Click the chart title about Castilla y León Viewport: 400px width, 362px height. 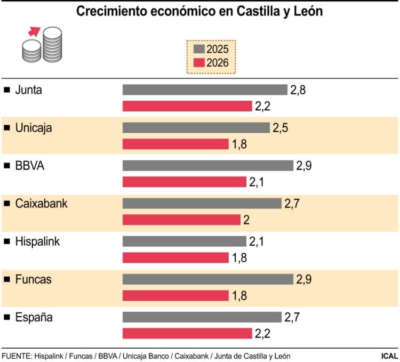(199, 11)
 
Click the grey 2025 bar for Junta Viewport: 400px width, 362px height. (205, 90)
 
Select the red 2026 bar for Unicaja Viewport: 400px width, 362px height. (175, 144)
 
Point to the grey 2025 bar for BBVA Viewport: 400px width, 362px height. (208, 165)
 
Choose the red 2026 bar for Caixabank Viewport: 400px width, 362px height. (181, 220)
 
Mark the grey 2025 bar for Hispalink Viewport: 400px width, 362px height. (184, 242)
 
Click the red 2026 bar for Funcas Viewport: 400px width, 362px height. (175, 295)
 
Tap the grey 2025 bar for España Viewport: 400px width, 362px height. (202, 317)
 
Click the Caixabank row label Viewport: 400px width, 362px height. (42, 203)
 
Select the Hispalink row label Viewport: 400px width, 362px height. (38, 242)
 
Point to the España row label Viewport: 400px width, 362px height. (34, 317)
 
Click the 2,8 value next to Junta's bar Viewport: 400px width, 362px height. (298, 90)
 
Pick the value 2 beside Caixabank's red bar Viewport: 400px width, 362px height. (246, 220)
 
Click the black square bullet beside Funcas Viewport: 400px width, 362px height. (7, 279)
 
